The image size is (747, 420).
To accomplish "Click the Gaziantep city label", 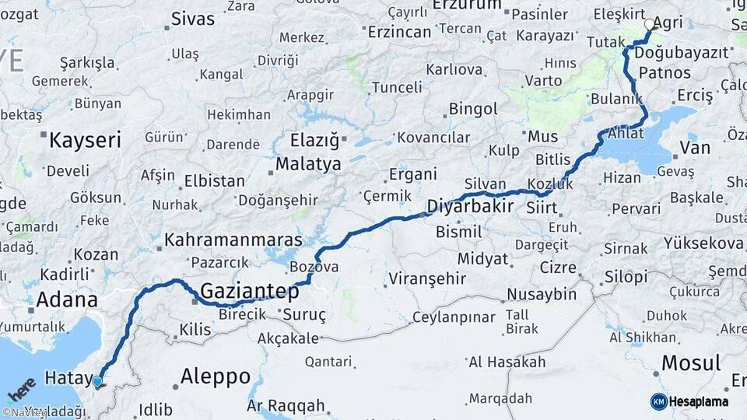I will pos(249,292).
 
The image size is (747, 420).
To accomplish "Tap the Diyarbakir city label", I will pos(470,207).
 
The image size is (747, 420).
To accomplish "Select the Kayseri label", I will pos(86,141).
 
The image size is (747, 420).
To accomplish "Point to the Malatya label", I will pos(308,165).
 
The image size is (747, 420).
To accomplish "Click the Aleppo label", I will pos(216,378).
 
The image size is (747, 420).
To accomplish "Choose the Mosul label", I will pos(691,362).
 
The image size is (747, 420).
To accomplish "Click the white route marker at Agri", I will pos(650,24).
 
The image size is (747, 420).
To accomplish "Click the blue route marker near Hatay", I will pos(97,381).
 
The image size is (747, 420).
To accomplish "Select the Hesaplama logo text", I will pos(700,401).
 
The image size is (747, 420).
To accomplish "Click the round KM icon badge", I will pos(659,401).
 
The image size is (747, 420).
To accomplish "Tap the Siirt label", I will pos(542,208).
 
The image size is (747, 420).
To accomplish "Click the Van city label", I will pos(694,148).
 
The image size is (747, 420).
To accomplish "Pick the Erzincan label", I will pos(399,32).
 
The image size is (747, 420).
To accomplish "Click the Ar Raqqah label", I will pos(286,406).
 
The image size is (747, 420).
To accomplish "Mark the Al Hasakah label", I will pos(507,362).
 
